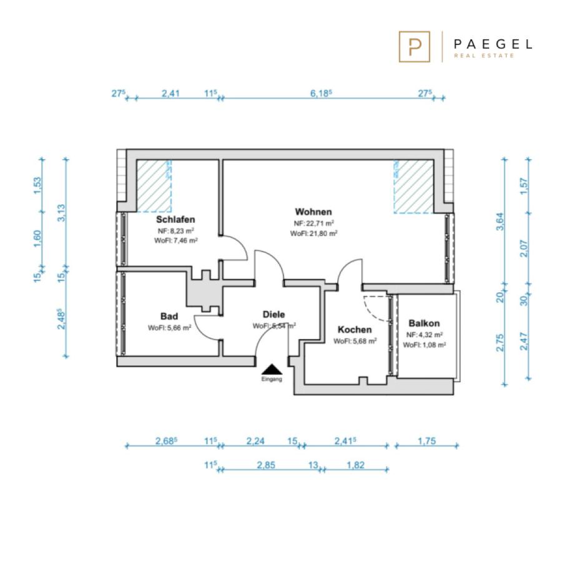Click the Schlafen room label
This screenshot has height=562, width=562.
click(x=175, y=219)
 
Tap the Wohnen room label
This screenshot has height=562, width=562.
click(x=313, y=212)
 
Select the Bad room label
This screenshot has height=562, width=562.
click(x=169, y=316)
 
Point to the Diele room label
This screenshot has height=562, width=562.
click(x=274, y=314)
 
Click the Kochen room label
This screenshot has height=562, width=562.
click(x=355, y=329)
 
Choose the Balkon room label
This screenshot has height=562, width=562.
click(x=424, y=323)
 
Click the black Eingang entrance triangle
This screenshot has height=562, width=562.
click(x=272, y=369)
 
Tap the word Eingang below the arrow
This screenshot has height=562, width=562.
click(x=272, y=379)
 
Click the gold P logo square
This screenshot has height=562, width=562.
click(x=415, y=47)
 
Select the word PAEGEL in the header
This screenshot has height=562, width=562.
click(x=493, y=44)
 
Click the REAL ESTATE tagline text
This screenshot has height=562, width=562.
click(x=484, y=56)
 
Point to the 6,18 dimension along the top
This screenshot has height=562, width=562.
click(x=320, y=93)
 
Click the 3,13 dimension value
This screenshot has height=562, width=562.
click(x=61, y=213)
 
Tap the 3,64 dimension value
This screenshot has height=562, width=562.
click(x=500, y=222)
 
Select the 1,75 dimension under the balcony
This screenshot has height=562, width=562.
click(x=426, y=441)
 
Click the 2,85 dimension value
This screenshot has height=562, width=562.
click(x=266, y=465)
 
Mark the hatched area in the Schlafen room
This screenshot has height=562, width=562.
click(x=154, y=186)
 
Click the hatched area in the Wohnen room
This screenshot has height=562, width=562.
click(x=414, y=186)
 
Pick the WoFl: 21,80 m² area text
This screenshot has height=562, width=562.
click(x=313, y=234)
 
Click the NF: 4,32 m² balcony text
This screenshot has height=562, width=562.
click(x=425, y=335)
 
